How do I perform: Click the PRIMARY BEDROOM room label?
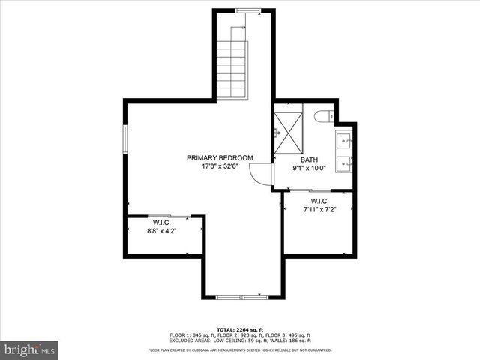point(220,157)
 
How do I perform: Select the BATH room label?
point(310,160)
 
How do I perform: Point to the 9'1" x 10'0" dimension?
point(310,169)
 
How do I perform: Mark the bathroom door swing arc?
point(261,175)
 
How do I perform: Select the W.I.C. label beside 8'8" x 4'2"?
point(162,223)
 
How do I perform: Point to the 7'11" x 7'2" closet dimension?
point(319,209)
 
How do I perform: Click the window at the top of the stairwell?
point(247,10)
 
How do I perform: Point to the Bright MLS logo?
point(30,349)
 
